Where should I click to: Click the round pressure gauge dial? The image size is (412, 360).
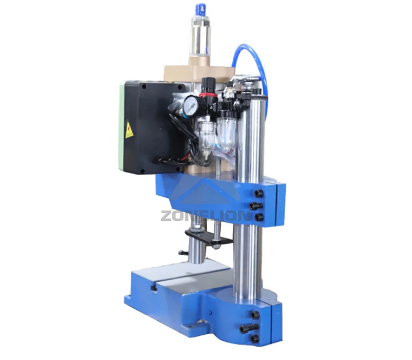click(x=191, y=106)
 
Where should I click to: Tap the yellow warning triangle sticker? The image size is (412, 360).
click(x=129, y=130)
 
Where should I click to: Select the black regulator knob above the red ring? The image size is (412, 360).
click(x=208, y=84)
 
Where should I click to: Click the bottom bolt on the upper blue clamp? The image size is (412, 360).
click(x=259, y=217)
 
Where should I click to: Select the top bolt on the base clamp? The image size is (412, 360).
click(x=254, y=315)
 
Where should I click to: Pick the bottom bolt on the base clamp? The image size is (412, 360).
click(x=254, y=338)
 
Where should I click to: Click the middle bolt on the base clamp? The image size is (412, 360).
click(x=246, y=328)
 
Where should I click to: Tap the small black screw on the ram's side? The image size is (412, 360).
click(x=181, y=252)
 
